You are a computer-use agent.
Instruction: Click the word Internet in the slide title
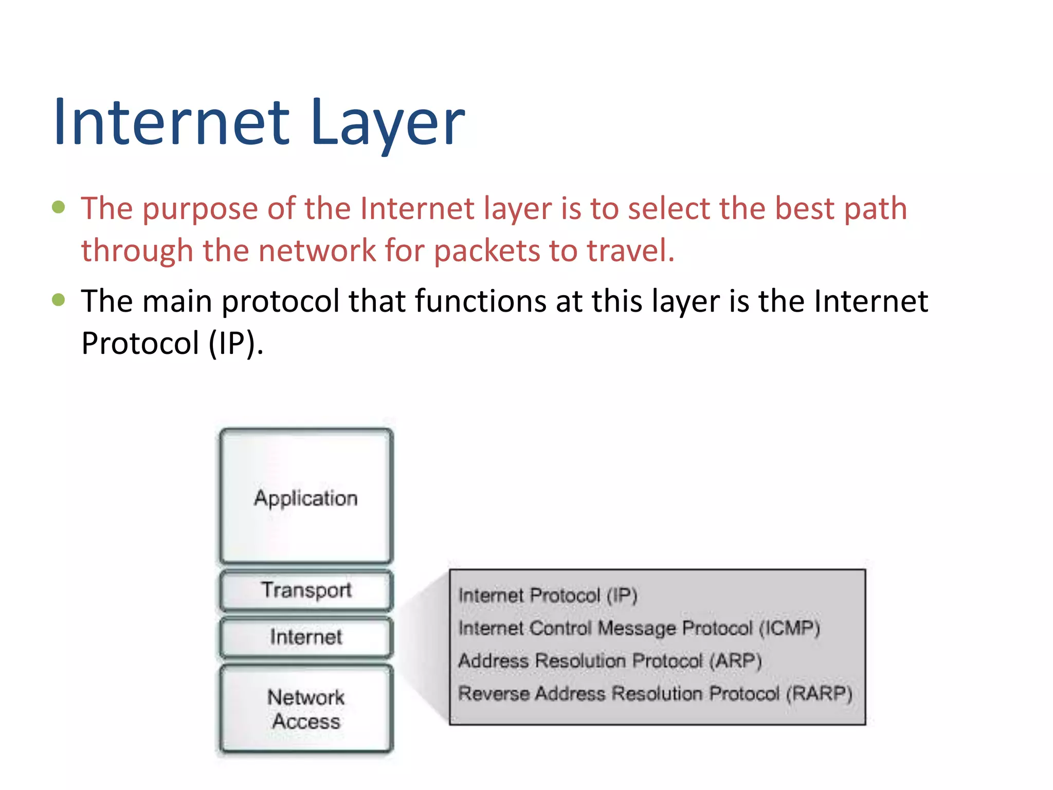click(172, 123)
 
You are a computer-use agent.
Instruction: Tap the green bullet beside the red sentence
click(59, 207)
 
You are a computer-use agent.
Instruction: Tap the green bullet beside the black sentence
click(59, 299)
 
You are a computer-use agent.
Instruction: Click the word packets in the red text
click(486, 251)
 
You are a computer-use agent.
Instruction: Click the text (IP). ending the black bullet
click(236, 343)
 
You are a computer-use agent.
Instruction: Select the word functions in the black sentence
click(481, 301)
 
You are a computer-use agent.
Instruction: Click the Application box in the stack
click(306, 497)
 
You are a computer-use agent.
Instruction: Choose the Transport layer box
click(306, 590)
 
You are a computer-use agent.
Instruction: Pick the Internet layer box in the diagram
click(306, 637)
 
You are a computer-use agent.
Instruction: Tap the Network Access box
click(306, 709)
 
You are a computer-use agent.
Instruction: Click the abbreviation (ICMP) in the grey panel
click(789, 629)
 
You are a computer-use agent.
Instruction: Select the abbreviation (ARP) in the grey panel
click(735, 661)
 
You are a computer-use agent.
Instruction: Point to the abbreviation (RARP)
click(819, 694)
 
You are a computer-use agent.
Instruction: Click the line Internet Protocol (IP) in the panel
click(548, 596)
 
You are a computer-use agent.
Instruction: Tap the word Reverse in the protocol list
click(494, 694)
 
